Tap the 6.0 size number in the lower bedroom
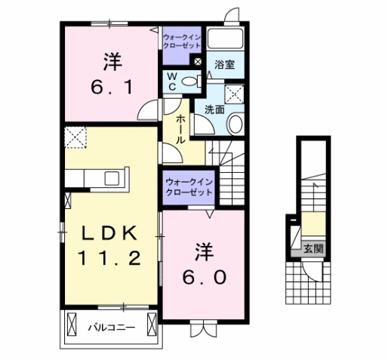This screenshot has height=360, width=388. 202,276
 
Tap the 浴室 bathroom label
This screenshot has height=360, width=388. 224,65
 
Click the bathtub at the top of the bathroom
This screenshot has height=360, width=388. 223,40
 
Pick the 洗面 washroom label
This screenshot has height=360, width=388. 214,109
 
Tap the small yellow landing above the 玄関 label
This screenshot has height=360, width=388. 311,225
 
